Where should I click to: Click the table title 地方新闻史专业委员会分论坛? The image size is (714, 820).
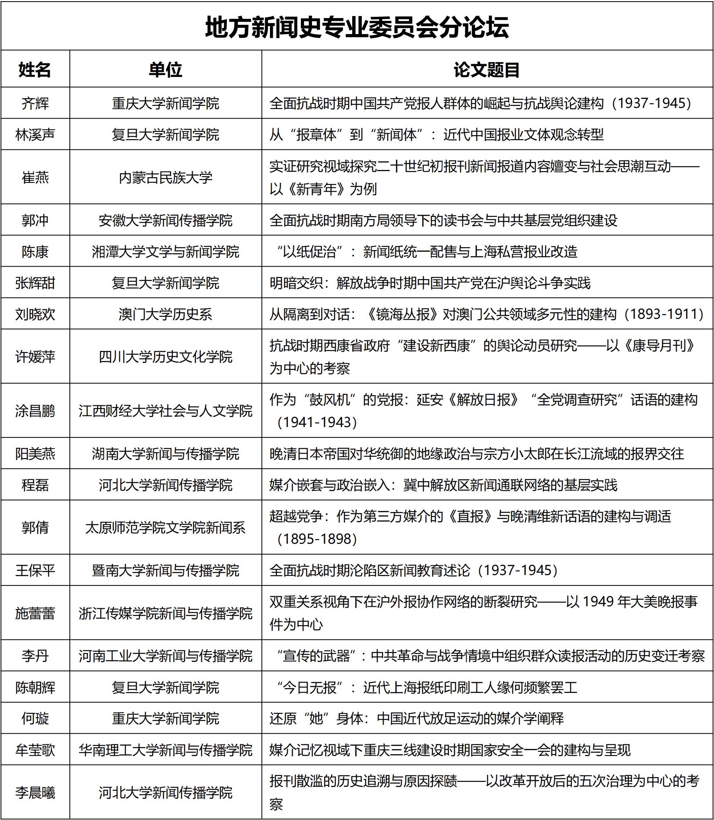pyautogui.click(x=357, y=27)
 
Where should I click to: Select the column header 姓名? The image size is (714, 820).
pyautogui.click(x=35, y=70)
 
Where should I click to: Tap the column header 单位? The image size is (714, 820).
pyautogui.click(x=165, y=70)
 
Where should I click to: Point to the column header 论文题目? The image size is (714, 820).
pyautogui.click(x=487, y=70)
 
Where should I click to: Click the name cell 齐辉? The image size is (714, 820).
pyautogui.click(x=35, y=103)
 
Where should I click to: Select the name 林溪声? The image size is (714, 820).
pyautogui.click(x=35, y=135)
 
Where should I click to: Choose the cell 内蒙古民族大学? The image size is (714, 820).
pyautogui.click(x=165, y=177)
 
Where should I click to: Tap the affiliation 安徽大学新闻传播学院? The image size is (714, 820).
pyautogui.click(x=165, y=220)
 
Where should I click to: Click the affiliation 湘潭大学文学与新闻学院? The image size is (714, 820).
pyautogui.click(x=165, y=251)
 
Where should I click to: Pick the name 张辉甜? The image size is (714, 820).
pyautogui.click(x=35, y=283)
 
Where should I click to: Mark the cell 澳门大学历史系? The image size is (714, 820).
pyautogui.click(x=165, y=314)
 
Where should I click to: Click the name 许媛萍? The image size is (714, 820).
pyautogui.click(x=35, y=357)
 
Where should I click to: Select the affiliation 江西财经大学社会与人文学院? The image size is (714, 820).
pyautogui.click(x=165, y=411)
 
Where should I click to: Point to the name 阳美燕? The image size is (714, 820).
pyautogui.click(x=35, y=454)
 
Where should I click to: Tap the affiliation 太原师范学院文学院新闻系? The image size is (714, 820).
pyautogui.click(x=165, y=528)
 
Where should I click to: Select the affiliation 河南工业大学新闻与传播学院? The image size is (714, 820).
pyautogui.click(x=165, y=656)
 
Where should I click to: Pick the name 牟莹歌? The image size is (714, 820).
pyautogui.click(x=35, y=750)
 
